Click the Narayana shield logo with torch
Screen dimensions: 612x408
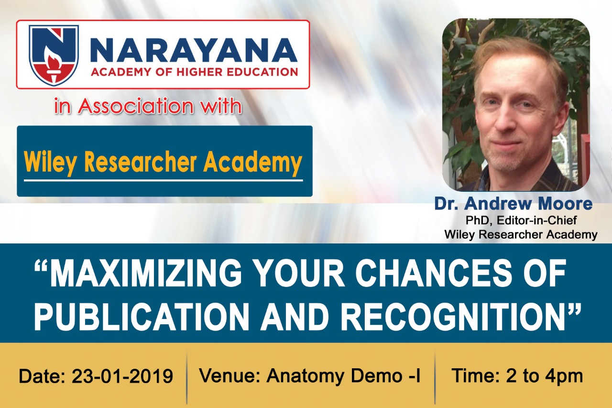tap(54, 55)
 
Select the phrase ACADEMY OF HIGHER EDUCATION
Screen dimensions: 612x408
tap(194, 72)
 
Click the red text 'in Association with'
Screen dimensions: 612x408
tap(148, 106)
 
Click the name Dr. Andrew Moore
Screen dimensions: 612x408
tap(514, 204)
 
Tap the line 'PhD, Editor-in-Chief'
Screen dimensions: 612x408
tap(521, 220)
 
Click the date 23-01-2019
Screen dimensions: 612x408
tap(122, 376)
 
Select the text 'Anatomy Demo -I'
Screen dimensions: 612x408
tap(343, 376)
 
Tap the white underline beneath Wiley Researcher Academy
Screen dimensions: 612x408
tap(164, 181)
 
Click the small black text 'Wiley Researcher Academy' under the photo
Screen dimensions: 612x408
tap(521, 235)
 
